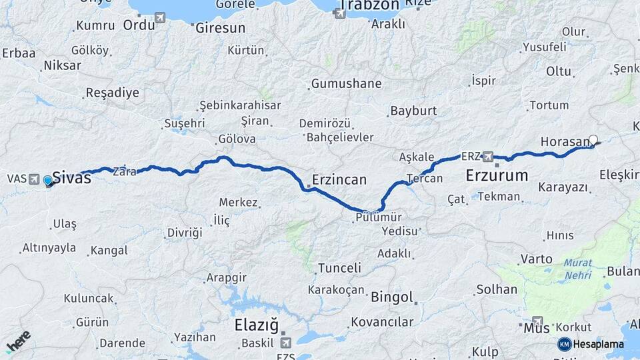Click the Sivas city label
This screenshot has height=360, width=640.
71,177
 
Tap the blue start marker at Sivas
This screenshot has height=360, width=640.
47,180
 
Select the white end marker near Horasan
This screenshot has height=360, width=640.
593,140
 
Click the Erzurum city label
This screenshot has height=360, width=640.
497,176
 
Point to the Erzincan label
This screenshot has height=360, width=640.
339,179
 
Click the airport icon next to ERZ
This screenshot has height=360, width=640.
488,156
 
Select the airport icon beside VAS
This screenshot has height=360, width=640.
35,179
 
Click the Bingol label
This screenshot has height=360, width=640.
392,297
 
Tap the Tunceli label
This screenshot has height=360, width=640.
339,268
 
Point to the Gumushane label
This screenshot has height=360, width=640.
346,84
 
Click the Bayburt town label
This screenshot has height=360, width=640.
413,110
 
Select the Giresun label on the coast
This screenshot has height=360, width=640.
220,28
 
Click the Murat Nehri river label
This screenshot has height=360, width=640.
578,269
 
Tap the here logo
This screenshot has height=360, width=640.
18,342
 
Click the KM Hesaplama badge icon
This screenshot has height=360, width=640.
564,344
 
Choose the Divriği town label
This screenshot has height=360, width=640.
183,233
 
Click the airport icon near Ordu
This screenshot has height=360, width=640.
160,18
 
